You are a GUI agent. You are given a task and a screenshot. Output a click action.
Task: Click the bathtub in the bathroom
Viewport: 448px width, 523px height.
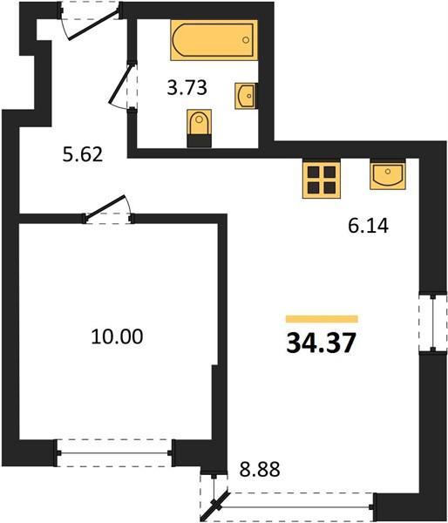[214, 40]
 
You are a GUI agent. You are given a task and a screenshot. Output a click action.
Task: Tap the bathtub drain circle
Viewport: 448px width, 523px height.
[246, 40]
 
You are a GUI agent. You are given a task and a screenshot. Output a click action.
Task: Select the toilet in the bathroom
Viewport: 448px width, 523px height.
[200, 128]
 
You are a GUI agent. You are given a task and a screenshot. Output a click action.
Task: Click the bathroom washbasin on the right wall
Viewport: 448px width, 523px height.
[246, 96]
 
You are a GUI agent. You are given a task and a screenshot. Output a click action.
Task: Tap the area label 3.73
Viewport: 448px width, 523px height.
[187, 88]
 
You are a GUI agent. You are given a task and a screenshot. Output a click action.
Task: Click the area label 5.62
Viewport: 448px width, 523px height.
[83, 155]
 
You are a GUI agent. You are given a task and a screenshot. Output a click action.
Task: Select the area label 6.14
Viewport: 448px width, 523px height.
[369, 226]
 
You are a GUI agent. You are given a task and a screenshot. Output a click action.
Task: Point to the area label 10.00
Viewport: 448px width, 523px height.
[117, 336]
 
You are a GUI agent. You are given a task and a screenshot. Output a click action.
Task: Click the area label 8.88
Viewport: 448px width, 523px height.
[260, 470]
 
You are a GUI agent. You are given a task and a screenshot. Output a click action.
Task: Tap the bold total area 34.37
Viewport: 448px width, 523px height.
[321, 343]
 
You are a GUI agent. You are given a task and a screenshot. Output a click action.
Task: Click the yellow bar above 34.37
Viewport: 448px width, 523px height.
[322, 319]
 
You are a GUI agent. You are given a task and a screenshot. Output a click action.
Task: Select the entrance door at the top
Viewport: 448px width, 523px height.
[90, 21]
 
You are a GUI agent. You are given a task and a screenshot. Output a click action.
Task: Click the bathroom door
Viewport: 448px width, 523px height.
[125, 85]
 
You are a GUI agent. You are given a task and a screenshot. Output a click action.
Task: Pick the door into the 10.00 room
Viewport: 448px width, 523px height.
[108, 209]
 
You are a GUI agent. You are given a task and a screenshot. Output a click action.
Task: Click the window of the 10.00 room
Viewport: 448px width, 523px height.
[114, 453]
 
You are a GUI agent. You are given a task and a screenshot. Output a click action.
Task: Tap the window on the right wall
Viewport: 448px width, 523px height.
[432, 323]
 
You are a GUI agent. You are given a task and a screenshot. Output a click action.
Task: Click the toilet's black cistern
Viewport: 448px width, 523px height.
[200, 141]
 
